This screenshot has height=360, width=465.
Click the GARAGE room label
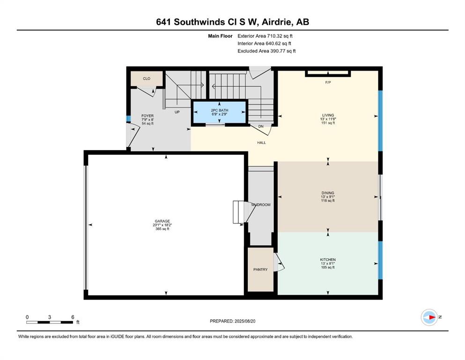coord(162,221)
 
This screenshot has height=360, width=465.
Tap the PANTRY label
coord(260,270)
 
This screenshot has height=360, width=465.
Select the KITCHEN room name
coord(328,260)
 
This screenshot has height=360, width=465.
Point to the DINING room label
coord(328,193)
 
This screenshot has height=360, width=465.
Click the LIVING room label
coord(328,115)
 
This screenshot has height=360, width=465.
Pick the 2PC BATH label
coord(220,111)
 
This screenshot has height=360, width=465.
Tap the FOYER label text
coord(148,116)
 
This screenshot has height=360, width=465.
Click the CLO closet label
coord(147,79)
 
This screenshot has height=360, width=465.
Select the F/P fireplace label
coord(328,82)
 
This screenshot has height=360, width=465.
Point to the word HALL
coord(262,143)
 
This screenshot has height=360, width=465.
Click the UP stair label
coord(177,112)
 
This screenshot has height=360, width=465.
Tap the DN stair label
coord(261,127)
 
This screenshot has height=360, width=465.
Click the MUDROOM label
coord(261,205)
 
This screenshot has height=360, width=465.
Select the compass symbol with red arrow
coord(429,317)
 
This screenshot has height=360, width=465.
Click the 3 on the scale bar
coord(50,317)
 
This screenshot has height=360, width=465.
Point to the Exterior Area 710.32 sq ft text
coord(265,36)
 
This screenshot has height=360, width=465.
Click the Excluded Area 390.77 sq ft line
coord(266,51)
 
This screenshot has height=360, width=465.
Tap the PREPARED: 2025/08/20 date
coord(232,321)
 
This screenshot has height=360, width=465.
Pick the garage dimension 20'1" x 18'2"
coord(162,225)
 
